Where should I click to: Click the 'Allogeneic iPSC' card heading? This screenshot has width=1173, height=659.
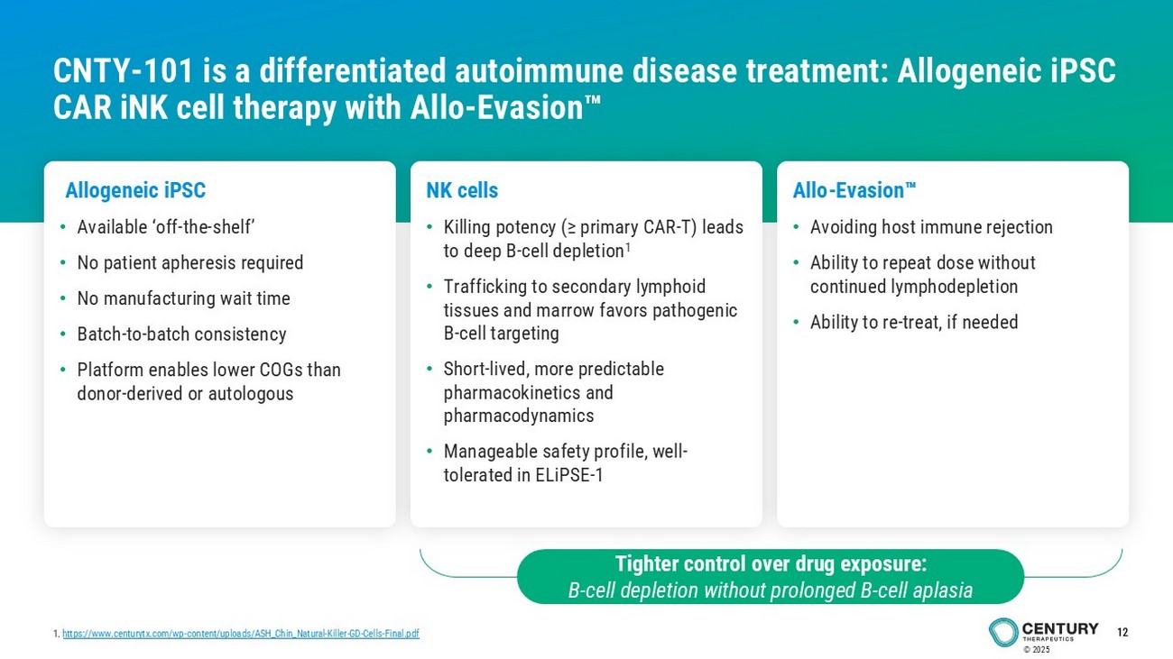135,191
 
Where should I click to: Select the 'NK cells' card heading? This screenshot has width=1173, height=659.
462,190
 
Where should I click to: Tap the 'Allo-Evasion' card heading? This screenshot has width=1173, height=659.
854,190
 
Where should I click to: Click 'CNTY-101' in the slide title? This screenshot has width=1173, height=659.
123,70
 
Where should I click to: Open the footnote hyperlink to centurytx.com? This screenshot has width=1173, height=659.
241,634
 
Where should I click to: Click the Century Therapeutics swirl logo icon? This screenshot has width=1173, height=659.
1003,632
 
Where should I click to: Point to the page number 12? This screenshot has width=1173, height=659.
1122,632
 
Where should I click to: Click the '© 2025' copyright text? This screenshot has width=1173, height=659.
1037,650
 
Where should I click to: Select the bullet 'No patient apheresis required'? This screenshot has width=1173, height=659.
190,263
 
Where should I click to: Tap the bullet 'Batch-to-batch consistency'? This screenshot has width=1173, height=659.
181,334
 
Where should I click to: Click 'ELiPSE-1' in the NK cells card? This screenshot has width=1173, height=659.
569,475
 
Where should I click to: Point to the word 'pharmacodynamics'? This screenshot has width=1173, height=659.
519,416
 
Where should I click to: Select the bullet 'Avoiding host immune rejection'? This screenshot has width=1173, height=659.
931,227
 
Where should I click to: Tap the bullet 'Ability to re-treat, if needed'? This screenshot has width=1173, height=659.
914,322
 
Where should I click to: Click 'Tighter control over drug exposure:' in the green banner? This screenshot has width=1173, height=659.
771,563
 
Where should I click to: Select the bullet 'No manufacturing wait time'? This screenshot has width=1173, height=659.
183,298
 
